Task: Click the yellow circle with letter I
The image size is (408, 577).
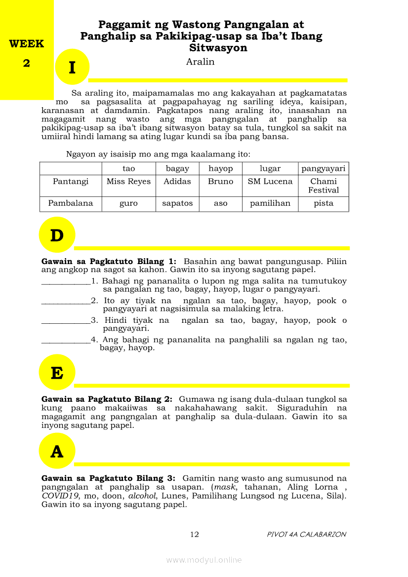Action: [x=72, y=67]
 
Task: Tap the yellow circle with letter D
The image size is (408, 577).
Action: [x=57, y=235]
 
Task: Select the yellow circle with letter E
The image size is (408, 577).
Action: [x=57, y=373]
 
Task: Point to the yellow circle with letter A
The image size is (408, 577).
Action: [x=57, y=451]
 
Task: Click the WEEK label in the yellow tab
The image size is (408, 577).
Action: [x=26, y=43]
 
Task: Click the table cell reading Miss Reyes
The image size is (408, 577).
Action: [x=128, y=182]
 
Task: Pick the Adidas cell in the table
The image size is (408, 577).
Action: [x=177, y=182]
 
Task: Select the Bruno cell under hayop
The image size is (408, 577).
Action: [x=220, y=182]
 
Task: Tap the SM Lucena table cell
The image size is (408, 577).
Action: [x=270, y=182]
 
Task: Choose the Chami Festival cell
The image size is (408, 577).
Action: [x=324, y=186]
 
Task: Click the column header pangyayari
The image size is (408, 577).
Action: [x=324, y=168]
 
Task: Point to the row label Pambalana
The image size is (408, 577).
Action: [x=71, y=203]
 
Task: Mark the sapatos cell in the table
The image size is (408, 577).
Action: [x=177, y=203]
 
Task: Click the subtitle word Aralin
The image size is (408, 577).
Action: [x=200, y=62]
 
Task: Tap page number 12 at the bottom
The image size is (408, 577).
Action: [x=194, y=535]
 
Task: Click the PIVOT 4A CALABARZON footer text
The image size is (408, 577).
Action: [x=306, y=535]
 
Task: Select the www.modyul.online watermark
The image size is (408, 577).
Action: [x=204, y=560]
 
